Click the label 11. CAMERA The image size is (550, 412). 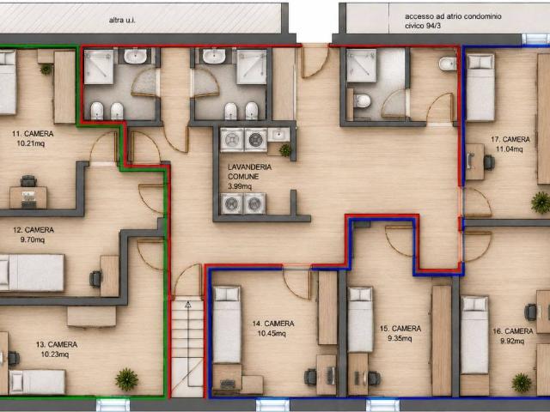click(33, 134)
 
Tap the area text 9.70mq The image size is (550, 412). click(33, 239)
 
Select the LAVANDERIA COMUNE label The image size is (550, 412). click(249, 172)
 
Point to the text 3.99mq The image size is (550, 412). click(240, 186)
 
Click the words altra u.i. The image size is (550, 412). click(122, 21)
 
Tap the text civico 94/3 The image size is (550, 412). click(423, 26)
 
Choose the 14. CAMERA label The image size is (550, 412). click(273, 324)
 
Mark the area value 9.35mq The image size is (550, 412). click(400, 338)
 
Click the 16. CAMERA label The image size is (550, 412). click(513, 331)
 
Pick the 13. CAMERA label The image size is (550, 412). click(57, 344)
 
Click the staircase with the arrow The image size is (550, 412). click(187, 348)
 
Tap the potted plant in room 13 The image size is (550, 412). click(126, 379)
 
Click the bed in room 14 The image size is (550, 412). click(227, 324)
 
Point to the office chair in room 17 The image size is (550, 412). click(489, 162)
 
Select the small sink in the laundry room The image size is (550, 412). click(278, 135)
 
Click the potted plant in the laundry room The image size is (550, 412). click(285, 150)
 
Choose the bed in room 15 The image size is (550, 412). click(360, 319)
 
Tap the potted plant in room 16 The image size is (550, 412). click(522, 383)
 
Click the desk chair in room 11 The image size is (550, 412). click(28, 181)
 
